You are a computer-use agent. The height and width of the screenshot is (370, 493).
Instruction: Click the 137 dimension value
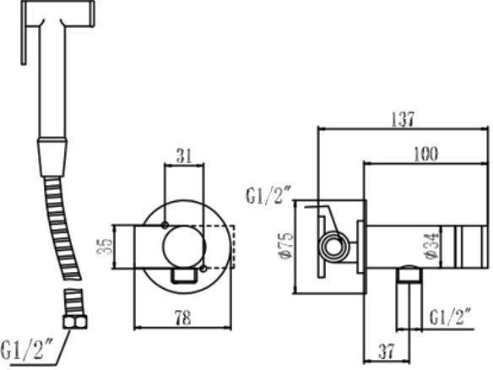click(403, 119)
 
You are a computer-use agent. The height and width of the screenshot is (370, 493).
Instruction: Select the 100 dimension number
click(425, 155)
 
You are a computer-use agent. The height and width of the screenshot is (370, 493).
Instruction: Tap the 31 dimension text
click(184, 156)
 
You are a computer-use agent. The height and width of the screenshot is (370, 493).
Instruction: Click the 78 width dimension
click(182, 318)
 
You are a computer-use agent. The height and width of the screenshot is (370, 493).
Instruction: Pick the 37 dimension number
click(387, 351)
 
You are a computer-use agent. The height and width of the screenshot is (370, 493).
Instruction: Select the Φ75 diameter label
click(287, 246)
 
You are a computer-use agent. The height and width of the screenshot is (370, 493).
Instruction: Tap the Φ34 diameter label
click(431, 246)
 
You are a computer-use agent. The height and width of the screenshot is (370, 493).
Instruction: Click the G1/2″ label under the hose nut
click(27, 350)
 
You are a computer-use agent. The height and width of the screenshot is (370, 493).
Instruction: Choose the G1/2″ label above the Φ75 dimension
click(269, 195)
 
